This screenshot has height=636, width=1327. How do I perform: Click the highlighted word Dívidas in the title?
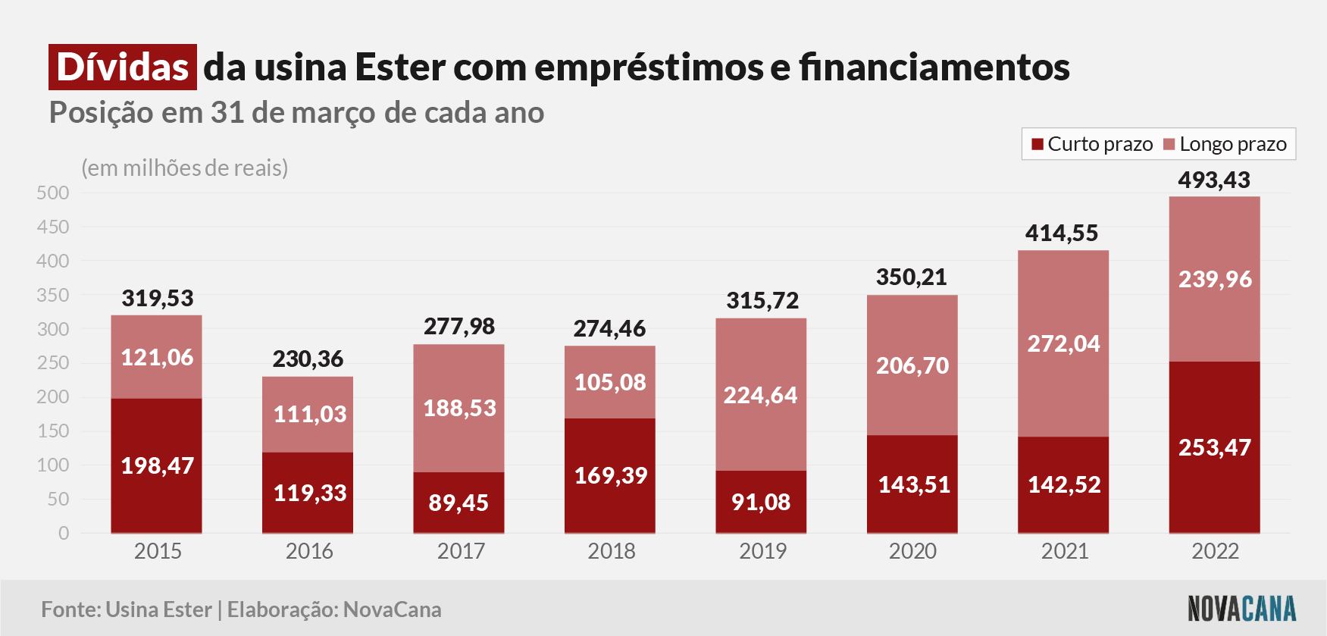coord(123,67)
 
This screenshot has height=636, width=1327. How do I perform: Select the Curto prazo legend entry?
coord(1092,144)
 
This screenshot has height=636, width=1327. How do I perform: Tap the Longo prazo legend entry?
coord(1225,144)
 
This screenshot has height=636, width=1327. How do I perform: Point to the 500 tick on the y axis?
coord(53,193)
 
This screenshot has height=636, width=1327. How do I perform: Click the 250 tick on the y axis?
coord(53,362)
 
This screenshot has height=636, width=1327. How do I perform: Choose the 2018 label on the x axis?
coord(612,551)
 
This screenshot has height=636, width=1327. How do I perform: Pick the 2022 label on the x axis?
coord(1215,551)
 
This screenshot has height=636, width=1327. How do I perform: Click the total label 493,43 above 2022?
coord(1214,180)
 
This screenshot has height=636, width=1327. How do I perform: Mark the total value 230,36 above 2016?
coord(308,359)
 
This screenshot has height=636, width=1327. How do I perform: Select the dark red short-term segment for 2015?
coord(156,465)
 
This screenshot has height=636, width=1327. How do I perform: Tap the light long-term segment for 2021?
coord(1063,343)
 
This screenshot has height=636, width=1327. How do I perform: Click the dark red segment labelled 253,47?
coord(1215,447)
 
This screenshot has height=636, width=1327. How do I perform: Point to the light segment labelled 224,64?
coord(761,394)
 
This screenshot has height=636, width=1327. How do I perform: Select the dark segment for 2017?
coord(459,503)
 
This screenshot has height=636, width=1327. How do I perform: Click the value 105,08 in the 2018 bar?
coord(610,382)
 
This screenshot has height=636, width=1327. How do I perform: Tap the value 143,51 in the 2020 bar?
coord(914,484)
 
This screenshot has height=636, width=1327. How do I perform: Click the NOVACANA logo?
coord(1241,609)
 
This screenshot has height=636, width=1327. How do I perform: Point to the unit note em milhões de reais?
coord(185,168)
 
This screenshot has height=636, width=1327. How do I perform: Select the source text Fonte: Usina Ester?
coord(127,609)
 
